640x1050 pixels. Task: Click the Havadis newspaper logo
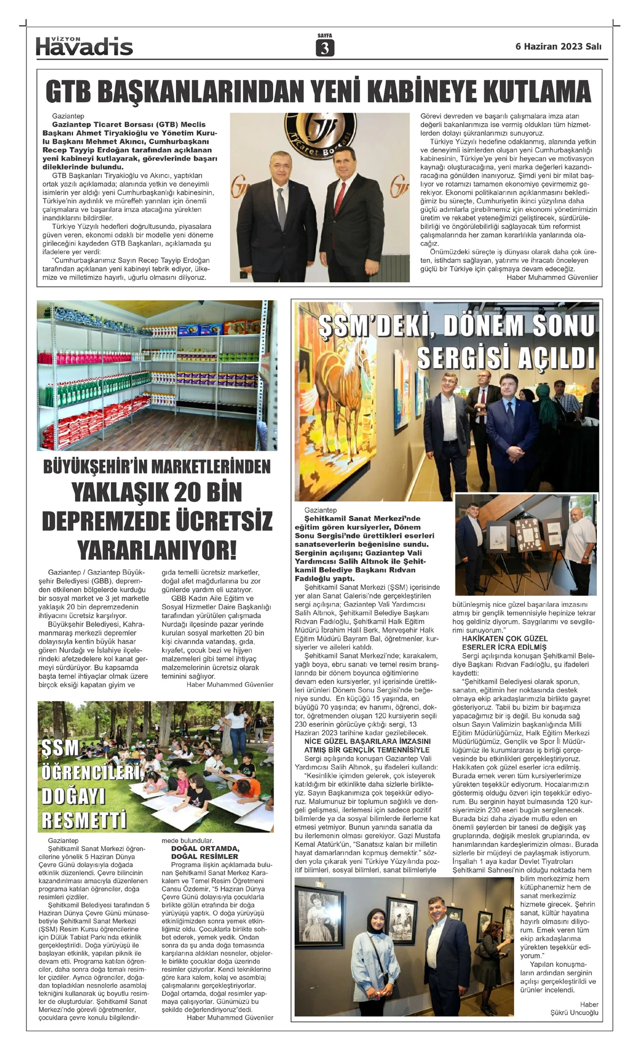click(x=84, y=47)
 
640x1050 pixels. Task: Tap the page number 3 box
click(x=325, y=48)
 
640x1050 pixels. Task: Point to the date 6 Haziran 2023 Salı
click(x=558, y=46)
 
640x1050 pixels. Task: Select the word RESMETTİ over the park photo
click(x=84, y=821)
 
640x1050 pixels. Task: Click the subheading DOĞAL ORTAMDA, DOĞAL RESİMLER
click(x=205, y=852)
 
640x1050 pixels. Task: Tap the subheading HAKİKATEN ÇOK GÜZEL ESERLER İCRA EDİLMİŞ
click(x=505, y=643)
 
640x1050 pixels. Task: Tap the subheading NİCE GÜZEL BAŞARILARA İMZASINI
click(x=367, y=741)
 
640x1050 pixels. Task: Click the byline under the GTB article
click(x=552, y=277)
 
